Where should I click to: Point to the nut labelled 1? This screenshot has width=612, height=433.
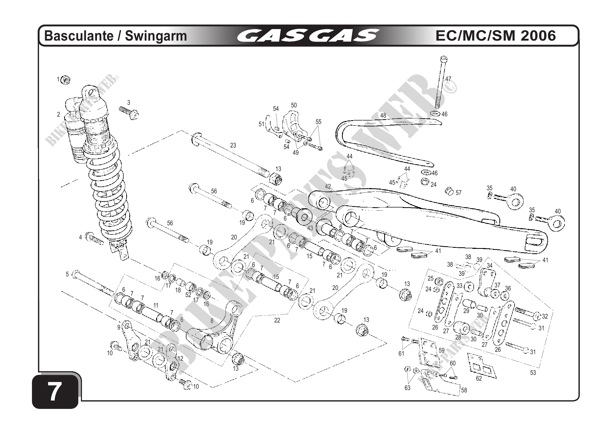(65, 80)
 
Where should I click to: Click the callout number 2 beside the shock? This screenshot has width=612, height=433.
(59, 114)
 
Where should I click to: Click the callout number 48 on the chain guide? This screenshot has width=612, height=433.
(383, 116)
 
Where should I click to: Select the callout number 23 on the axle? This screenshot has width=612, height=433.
(233, 145)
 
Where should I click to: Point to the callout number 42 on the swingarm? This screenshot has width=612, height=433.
(328, 186)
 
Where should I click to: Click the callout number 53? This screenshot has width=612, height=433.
(533, 373)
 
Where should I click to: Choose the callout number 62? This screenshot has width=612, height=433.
(479, 378)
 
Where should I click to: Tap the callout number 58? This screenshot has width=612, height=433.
(464, 390)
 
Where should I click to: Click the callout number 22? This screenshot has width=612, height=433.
(277, 320)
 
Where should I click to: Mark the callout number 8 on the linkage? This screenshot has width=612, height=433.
(212, 321)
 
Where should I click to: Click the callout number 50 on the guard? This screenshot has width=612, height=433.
(294, 105)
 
